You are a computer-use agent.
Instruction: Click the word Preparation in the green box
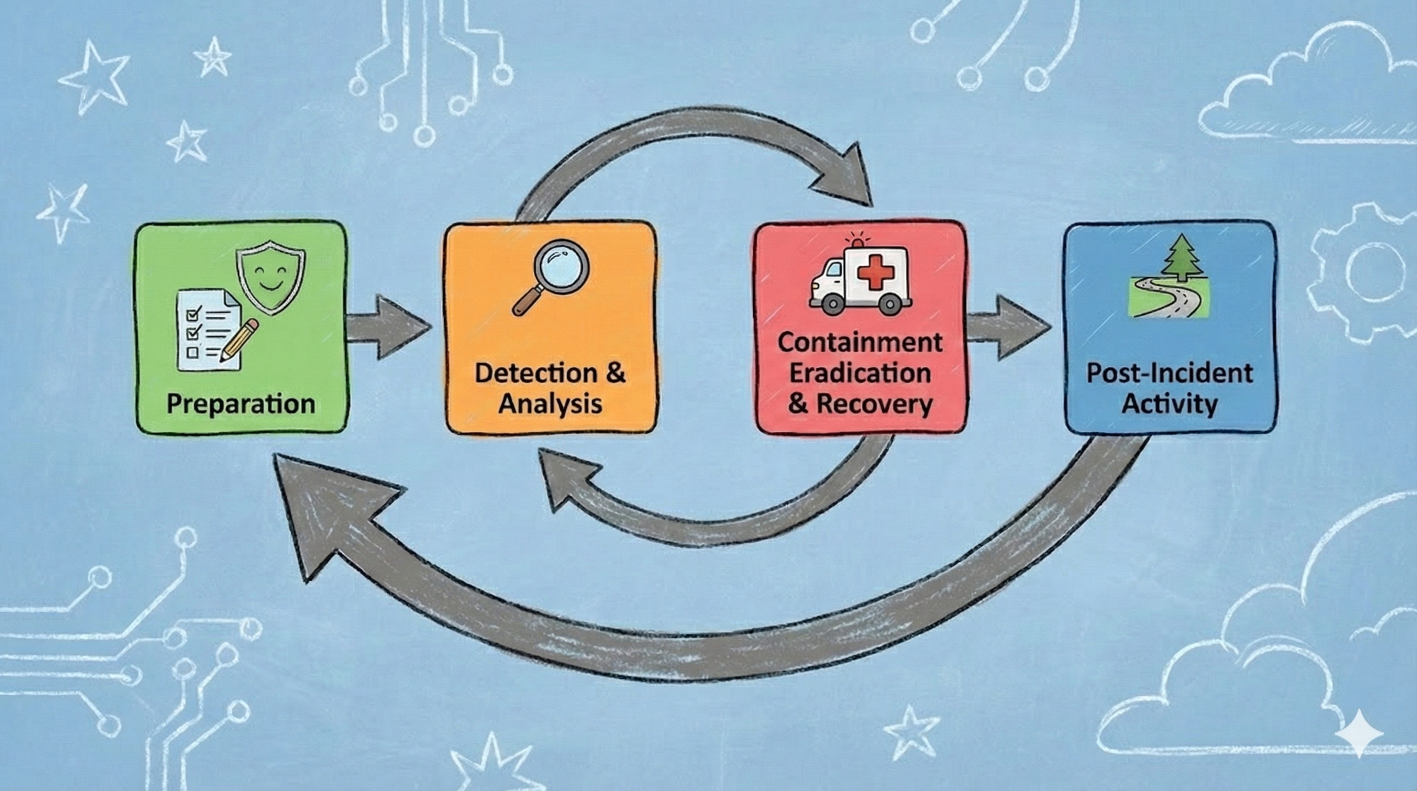click(x=240, y=404)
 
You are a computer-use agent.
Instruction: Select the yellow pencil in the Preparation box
click(x=239, y=340)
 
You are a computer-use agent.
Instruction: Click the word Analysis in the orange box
click(x=550, y=404)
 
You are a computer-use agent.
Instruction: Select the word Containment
click(x=860, y=342)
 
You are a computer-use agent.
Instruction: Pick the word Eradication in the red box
click(x=860, y=373)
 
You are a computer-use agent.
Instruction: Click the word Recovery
click(x=874, y=404)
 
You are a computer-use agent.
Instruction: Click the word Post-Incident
click(x=1169, y=373)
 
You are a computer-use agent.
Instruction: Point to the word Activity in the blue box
click(x=1169, y=404)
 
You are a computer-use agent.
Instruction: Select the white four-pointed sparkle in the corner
click(x=1359, y=733)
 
